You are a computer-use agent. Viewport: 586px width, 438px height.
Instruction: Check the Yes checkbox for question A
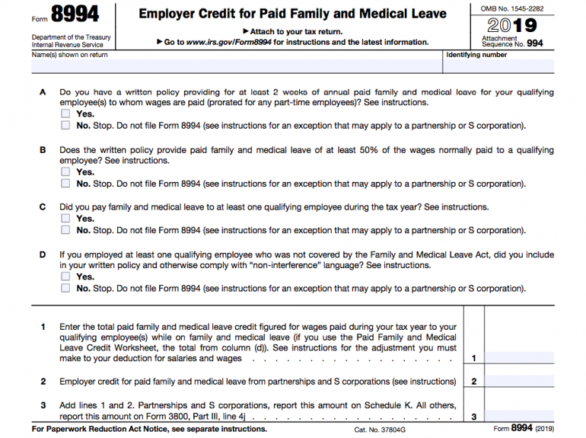click(65, 114)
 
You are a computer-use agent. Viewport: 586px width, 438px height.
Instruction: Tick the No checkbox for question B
click(65, 184)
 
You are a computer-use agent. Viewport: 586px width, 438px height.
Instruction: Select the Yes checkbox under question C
click(65, 219)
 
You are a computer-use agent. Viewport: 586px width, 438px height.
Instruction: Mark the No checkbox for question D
click(65, 289)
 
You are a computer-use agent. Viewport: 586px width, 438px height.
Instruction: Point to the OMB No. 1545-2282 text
click(511, 8)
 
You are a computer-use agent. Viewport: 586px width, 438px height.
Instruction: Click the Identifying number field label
click(476, 55)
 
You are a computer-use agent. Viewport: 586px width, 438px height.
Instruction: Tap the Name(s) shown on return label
click(70, 55)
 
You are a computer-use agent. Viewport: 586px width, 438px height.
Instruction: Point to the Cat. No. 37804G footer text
click(380, 430)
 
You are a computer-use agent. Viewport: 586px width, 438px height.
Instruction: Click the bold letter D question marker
click(43, 255)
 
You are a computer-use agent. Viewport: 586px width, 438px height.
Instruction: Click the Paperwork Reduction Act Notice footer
click(149, 430)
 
